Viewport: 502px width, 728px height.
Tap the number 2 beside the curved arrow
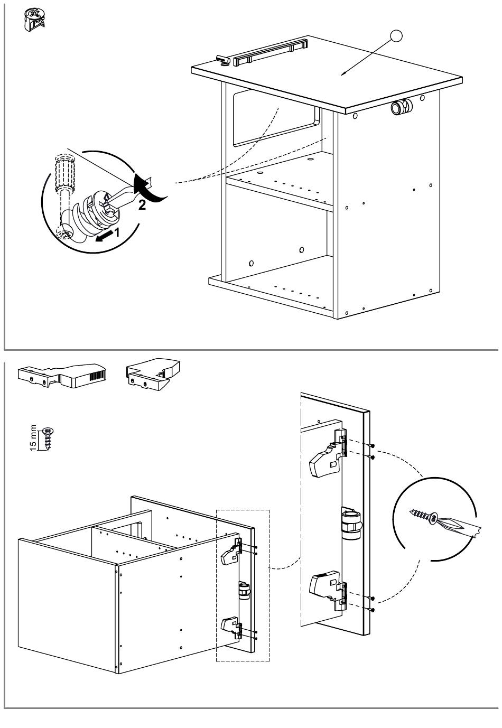click(x=142, y=206)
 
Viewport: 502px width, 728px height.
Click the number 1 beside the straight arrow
click(x=117, y=232)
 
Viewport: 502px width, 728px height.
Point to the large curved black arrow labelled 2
click(x=150, y=190)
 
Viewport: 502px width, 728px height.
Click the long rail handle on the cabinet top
click(x=270, y=52)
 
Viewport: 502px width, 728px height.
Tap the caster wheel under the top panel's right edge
click(x=400, y=107)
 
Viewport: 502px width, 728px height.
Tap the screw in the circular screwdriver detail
click(x=425, y=516)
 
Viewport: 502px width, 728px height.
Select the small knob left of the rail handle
click(x=222, y=61)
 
